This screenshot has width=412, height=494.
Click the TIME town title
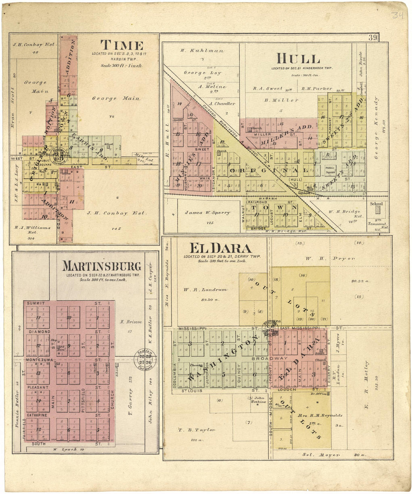pyautogui.click(x=122, y=45)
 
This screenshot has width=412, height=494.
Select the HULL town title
pyautogui.click(x=298, y=59)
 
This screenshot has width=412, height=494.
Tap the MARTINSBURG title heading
pyautogui.click(x=102, y=266)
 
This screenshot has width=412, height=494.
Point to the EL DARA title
pyautogui.click(x=220, y=248)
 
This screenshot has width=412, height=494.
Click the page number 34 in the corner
pyautogui.click(x=397, y=15)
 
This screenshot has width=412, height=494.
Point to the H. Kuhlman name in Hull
pyautogui.click(x=202, y=51)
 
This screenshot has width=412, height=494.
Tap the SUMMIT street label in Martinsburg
pyautogui.click(x=36, y=303)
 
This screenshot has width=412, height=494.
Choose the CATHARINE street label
pyautogui.click(x=36, y=415)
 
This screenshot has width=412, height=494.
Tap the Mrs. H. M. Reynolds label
pyautogui.click(x=315, y=415)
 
